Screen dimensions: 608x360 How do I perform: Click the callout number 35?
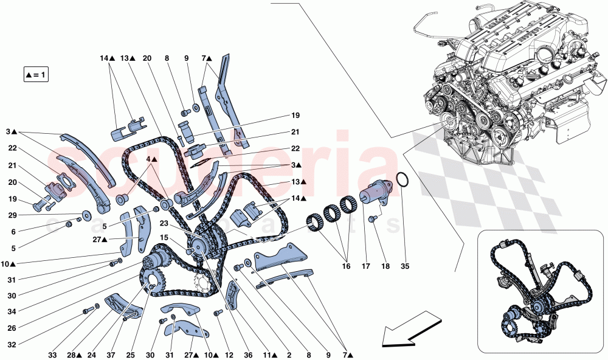405,266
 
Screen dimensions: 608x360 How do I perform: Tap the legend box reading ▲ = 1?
36,74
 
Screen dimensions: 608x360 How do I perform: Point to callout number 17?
366,266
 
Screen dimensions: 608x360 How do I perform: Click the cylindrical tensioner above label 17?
376,193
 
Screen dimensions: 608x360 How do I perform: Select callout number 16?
346,266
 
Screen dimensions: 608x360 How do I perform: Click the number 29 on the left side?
12,215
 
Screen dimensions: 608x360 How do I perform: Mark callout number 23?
164,223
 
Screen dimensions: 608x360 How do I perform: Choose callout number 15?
164,237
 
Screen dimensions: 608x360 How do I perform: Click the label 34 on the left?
12,311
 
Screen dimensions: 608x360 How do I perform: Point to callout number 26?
12,328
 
